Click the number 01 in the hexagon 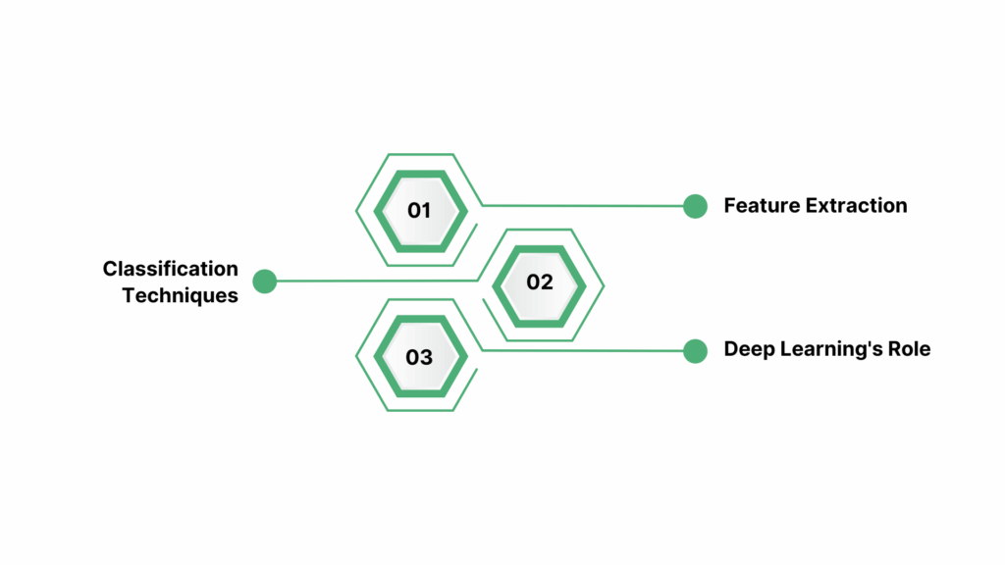(x=419, y=210)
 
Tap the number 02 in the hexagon (x=540, y=282)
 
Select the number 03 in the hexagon (x=419, y=357)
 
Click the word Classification (x=171, y=269)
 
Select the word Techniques (x=181, y=295)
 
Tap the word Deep (x=747, y=349)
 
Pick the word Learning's (x=827, y=349)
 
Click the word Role (x=908, y=349)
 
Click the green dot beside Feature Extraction (x=695, y=206)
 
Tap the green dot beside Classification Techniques (x=264, y=282)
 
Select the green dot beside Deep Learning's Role (x=695, y=350)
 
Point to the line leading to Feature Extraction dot (x=589, y=206)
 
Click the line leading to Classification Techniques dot (x=373, y=282)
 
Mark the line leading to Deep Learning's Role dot (x=589, y=350)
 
